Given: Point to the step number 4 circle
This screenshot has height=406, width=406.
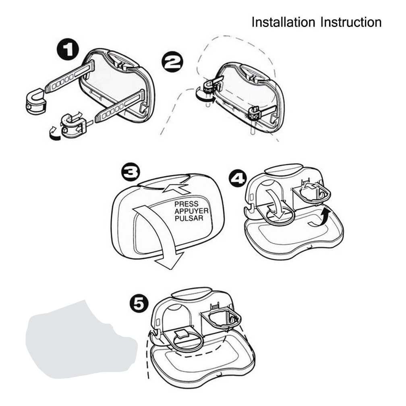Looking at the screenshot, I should tap(237, 178).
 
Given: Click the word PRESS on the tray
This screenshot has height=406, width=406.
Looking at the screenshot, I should tap(186, 204).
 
